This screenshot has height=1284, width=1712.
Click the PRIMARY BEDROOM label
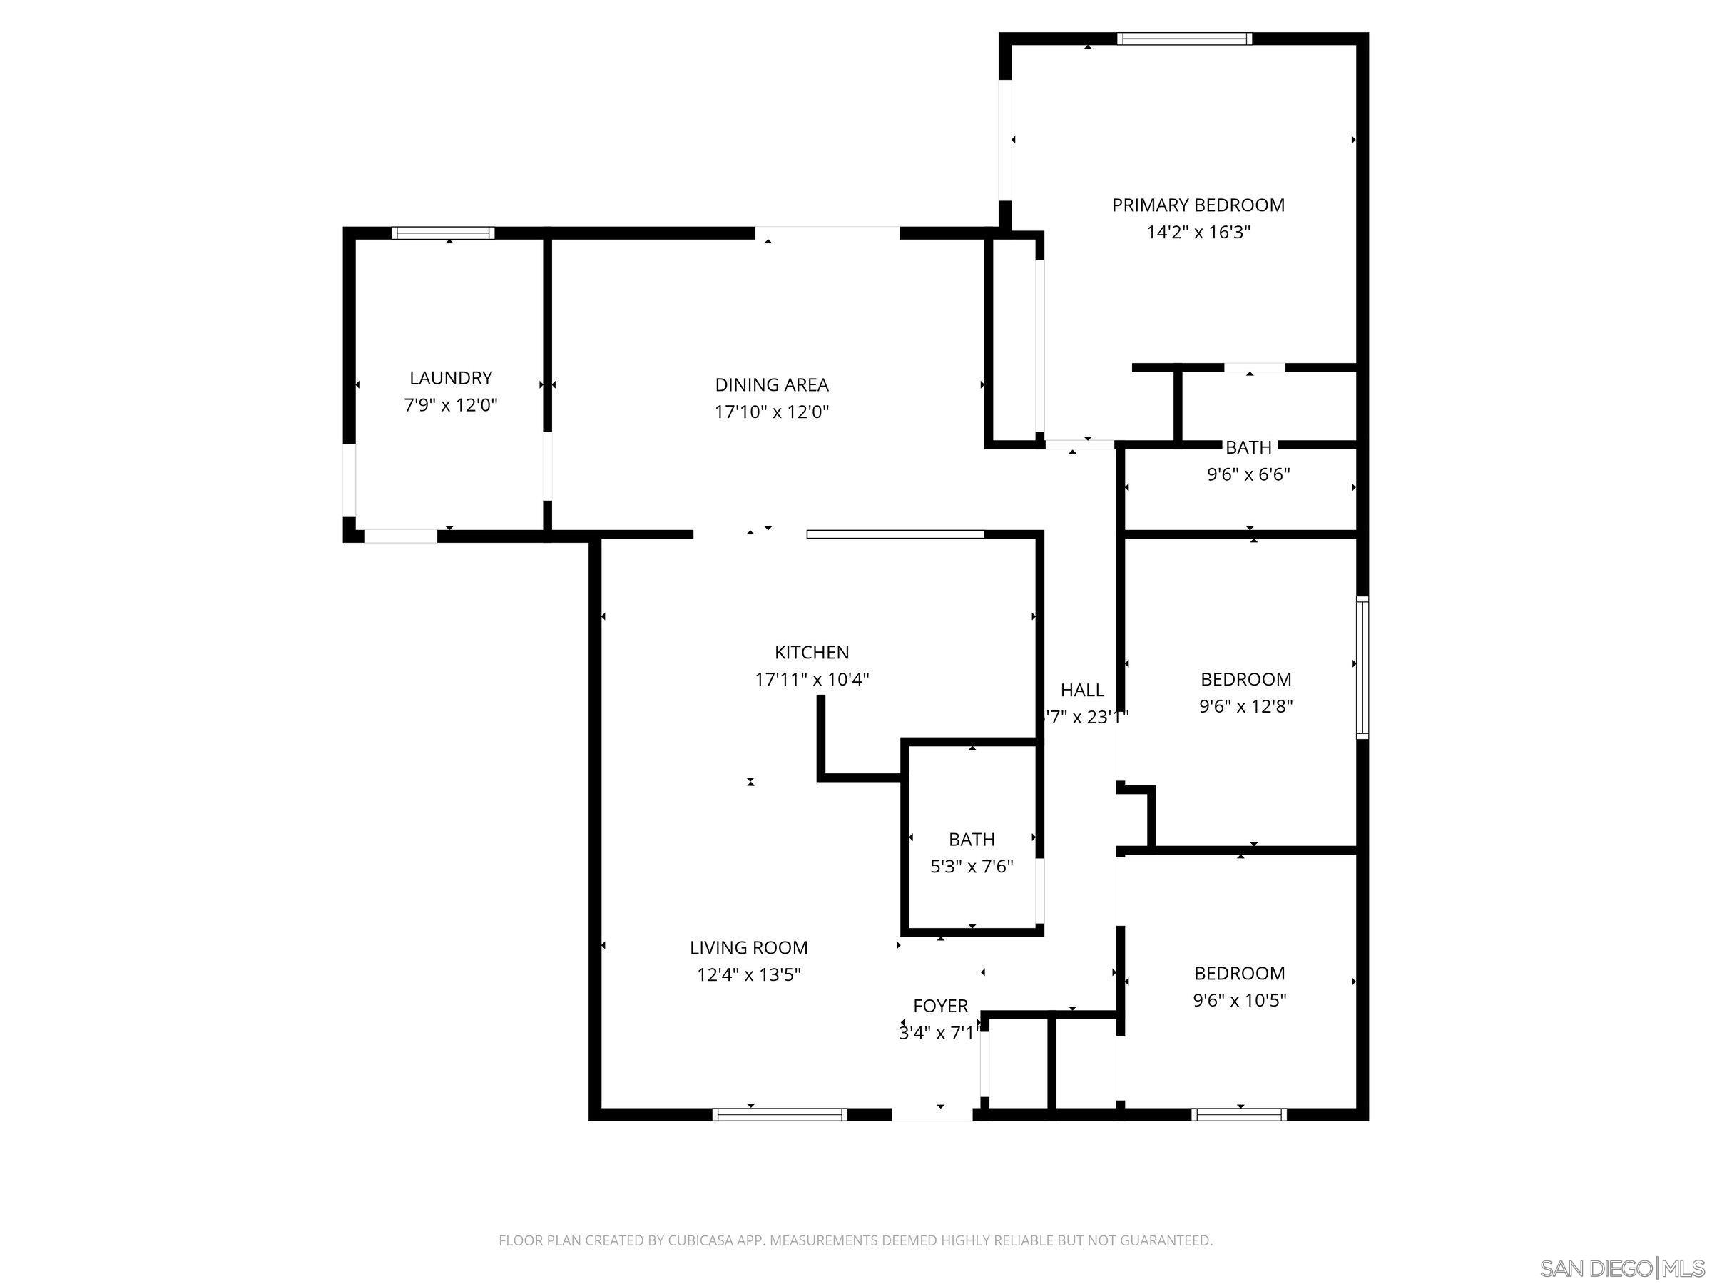point(1198,205)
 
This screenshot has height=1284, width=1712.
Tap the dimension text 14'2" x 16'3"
point(1198,232)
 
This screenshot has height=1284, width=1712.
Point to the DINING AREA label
point(772,384)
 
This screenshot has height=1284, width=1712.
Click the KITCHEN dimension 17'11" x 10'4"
point(812,680)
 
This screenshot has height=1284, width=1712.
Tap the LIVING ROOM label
point(748,947)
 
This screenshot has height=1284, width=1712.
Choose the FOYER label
point(940,1006)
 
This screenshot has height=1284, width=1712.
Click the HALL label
point(1082,690)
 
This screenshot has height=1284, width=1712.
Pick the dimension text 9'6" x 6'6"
point(1248,474)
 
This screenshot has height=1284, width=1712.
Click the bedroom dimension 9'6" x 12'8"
point(1246,706)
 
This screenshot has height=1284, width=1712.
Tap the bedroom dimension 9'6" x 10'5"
point(1239,1000)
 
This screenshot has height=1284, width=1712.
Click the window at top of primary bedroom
point(1184,39)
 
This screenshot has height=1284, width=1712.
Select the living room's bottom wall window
point(780,1114)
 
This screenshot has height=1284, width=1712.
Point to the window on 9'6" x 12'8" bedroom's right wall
point(1362,667)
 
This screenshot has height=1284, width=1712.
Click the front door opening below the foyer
point(932,1114)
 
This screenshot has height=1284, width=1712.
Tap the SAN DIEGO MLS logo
point(1621,1268)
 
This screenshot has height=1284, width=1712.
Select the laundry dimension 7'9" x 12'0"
point(450,404)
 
